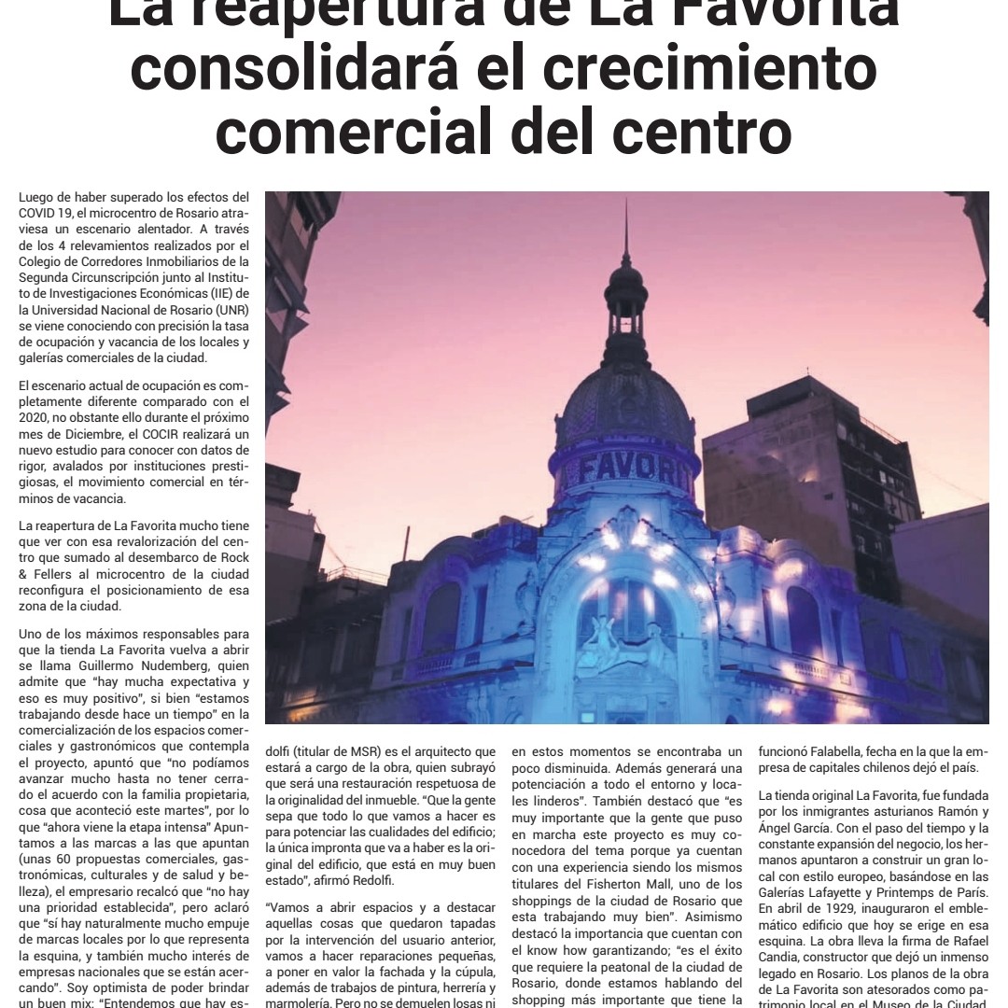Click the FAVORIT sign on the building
(626, 467)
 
